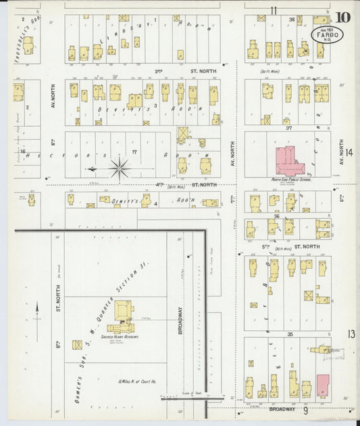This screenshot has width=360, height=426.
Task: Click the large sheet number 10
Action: click(342, 17)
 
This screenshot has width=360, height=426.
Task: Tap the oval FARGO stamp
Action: click(326, 34)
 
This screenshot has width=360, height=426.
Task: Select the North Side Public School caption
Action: click(290, 180)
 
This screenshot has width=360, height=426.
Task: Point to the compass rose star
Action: click(120, 167)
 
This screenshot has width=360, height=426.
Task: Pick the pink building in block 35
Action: click(323, 385)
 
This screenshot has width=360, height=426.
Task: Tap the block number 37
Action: click(288, 127)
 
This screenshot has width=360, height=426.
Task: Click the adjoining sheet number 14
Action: click(350, 153)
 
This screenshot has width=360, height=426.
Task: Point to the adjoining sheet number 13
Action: click(351, 334)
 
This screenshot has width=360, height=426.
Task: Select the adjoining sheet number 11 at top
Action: click(274, 10)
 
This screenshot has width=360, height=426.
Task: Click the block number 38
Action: click(292, 20)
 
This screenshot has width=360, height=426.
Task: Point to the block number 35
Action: click(288, 334)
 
